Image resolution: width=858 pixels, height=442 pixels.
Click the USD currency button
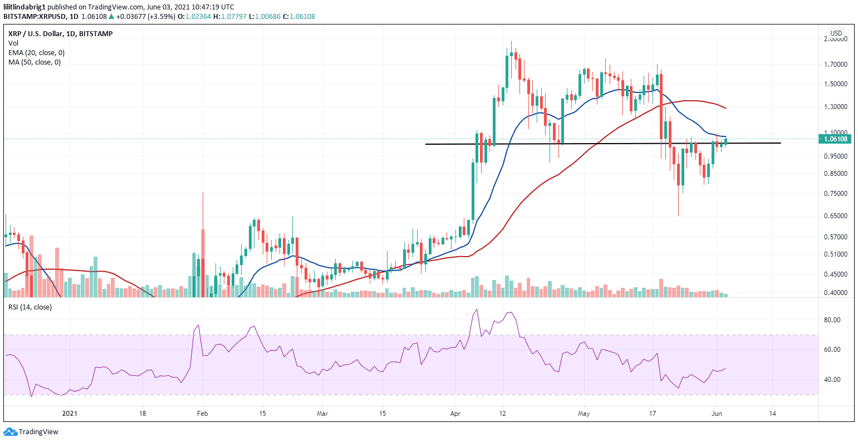tap(836, 33)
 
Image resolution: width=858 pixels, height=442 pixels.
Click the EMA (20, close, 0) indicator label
tap(36, 53)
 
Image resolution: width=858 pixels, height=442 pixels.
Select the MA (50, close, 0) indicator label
tap(35, 62)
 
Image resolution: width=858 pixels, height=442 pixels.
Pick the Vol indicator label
tap(13, 43)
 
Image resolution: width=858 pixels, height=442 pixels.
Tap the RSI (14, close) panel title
tap(30, 307)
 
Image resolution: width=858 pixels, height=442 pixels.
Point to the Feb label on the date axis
tap(203, 414)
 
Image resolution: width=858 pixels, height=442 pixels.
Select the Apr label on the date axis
tap(455, 414)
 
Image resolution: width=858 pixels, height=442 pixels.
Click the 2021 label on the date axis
tap(70, 414)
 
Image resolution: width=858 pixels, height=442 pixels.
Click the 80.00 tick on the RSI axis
tap(832, 320)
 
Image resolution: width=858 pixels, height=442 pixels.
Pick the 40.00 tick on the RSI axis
tap(832, 380)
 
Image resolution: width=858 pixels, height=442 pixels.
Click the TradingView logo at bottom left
tap(31, 432)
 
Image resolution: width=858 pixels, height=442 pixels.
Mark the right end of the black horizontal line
tap(781, 143)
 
